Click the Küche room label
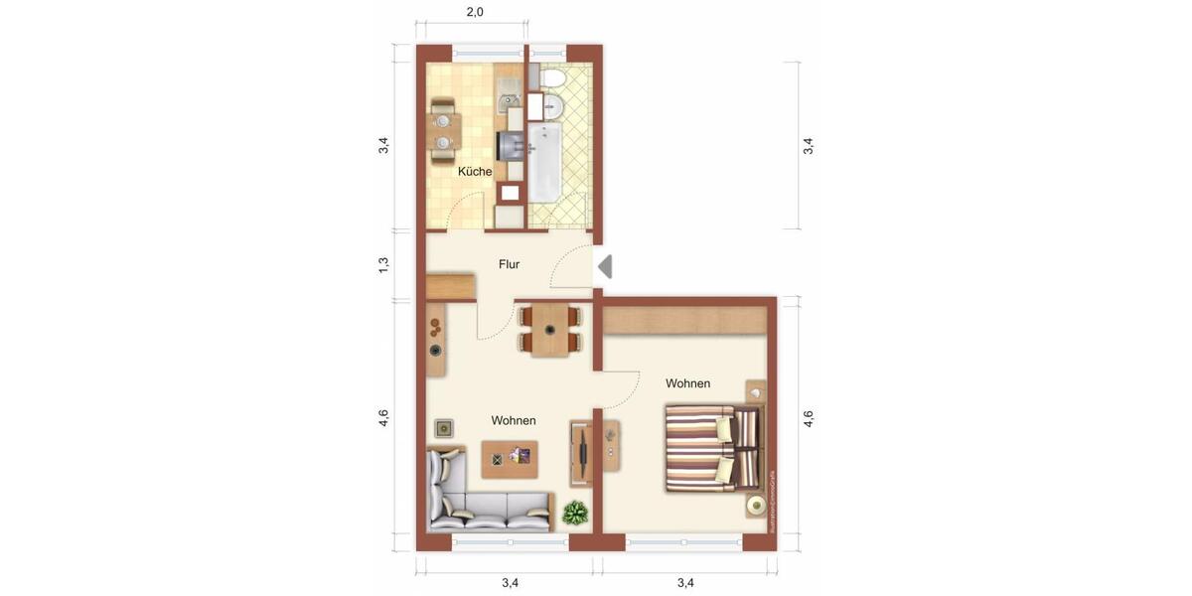coord(475,172)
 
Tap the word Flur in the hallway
coord(509,264)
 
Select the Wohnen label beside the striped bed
coord(687,383)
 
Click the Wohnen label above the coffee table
coord(514,421)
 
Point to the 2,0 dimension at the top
coord(475,12)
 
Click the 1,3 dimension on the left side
coord(383,265)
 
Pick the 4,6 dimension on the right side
coord(808,419)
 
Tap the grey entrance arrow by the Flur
coord(605,266)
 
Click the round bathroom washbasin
coord(552,106)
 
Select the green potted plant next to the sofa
coord(574,514)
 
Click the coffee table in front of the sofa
coord(510,458)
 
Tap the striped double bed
coord(710,447)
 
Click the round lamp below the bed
coord(757,506)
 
